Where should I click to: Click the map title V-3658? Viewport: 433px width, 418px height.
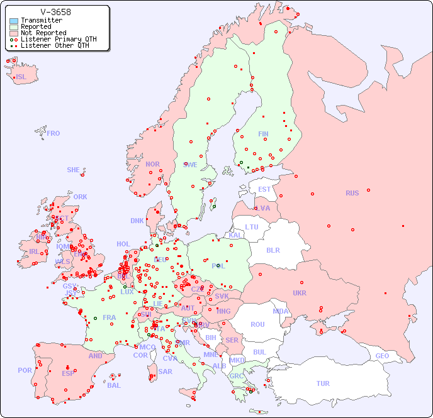(x=55, y=12)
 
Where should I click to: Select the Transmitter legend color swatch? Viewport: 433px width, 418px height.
(x=14, y=21)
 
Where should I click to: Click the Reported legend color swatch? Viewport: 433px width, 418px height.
(x=14, y=27)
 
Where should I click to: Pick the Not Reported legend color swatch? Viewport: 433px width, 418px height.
(x=14, y=33)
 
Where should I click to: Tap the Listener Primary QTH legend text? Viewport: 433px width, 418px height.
(x=59, y=39)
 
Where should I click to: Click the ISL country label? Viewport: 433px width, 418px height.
(x=21, y=77)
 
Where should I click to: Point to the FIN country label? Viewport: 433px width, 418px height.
(x=263, y=134)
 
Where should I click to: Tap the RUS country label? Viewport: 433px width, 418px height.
(x=352, y=193)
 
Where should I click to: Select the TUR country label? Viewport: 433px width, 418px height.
(x=323, y=383)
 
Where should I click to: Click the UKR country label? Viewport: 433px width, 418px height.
(x=300, y=293)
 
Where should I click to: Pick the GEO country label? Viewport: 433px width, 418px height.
(x=382, y=356)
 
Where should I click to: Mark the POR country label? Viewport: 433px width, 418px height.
(x=25, y=370)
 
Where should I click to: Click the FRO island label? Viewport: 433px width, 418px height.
(x=53, y=133)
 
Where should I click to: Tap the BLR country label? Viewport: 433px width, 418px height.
(x=273, y=250)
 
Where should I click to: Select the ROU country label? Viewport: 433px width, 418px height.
(x=257, y=324)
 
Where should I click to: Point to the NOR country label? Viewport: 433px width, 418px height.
(x=152, y=164)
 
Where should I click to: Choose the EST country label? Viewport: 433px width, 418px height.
(x=264, y=189)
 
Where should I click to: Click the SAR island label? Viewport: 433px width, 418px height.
(x=166, y=371)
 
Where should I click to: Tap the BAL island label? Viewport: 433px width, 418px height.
(x=114, y=385)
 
